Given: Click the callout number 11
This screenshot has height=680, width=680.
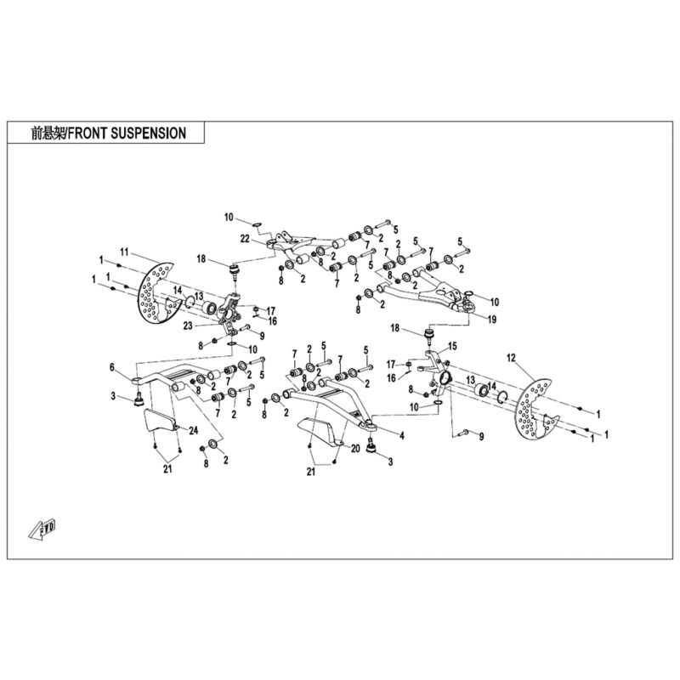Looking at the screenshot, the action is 124,251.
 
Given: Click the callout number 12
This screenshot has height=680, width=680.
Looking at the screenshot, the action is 512,358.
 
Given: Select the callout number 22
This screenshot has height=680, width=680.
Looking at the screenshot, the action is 246,238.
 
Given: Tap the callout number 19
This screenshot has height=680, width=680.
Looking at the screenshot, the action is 492,320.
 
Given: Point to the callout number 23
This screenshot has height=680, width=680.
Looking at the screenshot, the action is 188,326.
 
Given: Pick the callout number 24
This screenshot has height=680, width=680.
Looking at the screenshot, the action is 193,431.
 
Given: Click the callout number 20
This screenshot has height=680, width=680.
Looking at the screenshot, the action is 355,449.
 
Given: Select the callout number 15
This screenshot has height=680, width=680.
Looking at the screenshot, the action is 452,347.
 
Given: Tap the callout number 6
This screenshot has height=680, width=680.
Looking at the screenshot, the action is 112,367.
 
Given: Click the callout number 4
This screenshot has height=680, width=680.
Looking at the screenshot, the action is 402,436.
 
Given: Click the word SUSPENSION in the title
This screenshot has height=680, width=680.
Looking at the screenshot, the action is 149,133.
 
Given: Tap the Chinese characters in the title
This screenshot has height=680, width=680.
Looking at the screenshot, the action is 48,133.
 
